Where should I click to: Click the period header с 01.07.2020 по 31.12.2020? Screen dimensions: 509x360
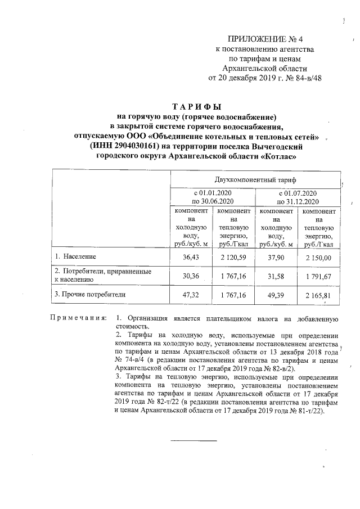point(298,197)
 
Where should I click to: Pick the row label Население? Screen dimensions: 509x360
point(79,256)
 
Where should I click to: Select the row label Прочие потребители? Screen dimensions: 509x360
point(90,294)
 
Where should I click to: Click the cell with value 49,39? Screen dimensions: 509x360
point(276,294)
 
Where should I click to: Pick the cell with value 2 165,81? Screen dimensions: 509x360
point(319,294)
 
